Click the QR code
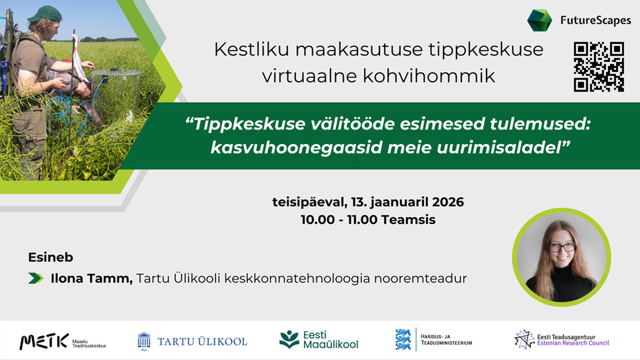599,66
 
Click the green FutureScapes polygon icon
540,20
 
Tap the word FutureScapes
596,20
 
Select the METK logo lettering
44,341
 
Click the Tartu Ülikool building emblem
144,342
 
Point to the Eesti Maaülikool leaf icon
289,340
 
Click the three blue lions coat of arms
403,340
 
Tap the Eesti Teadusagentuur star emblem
524,340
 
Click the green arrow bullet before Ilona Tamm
36,278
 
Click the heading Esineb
51,257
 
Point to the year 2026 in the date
448,202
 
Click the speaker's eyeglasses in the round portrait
562,247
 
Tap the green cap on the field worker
45,14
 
